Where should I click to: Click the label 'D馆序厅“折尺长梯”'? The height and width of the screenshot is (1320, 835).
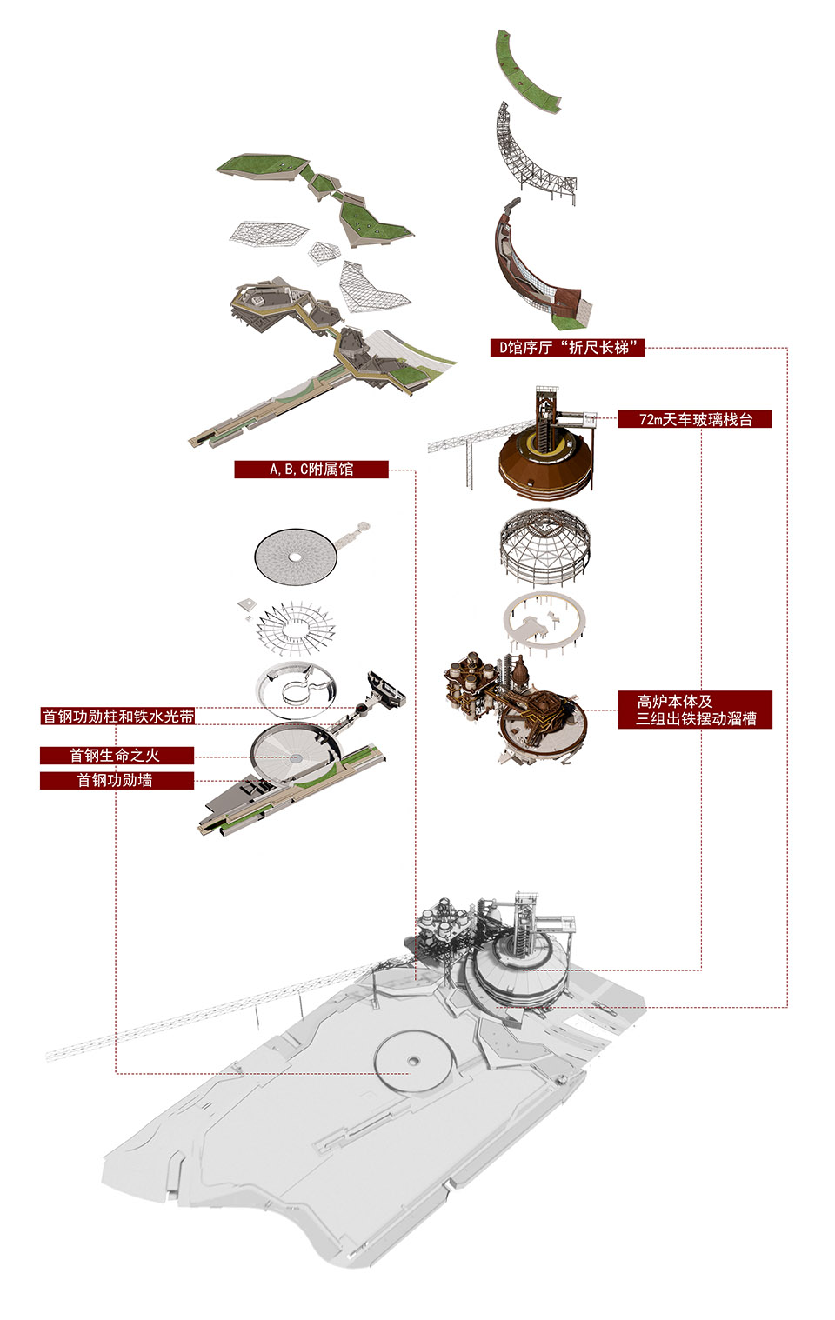(x=567, y=347)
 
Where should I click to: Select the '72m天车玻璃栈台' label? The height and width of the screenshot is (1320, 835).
(x=695, y=419)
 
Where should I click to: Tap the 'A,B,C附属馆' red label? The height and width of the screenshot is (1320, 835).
(x=311, y=469)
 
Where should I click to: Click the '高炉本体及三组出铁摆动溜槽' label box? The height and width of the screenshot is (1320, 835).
(x=695, y=710)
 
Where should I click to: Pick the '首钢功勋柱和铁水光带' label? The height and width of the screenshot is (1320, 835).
(x=117, y=716)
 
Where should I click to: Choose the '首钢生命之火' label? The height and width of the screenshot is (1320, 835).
(x=117, y=756)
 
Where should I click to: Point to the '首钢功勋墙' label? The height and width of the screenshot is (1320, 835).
(x=117, y=780)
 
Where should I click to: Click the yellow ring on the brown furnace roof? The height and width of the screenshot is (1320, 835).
(x=544, y=443)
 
